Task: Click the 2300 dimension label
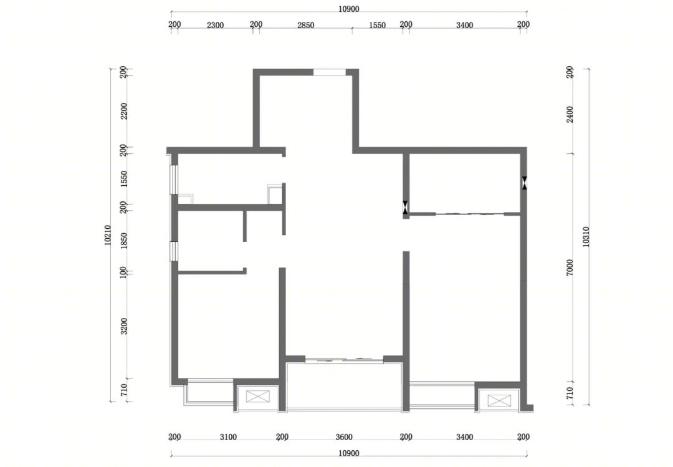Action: tap(215, 25)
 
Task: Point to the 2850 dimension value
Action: tap(305, 25)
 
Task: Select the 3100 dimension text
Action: tap(228, 437)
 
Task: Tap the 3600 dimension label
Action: tap(344, 437)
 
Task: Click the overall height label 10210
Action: tap(107, 235)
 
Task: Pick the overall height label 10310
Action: tap(586, 236)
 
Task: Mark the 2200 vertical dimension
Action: tap(123, 111)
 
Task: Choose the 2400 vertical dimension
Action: tap(570, 114)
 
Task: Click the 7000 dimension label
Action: tap(570, 267)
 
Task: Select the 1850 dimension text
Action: tap(123, 241)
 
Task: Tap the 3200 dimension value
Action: tap(123, 326)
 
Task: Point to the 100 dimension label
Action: tap(123, 272)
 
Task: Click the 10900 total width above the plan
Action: tap(348, 9)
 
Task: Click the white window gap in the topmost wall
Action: tap(329, 72)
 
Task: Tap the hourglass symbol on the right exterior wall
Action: tap(524, 183)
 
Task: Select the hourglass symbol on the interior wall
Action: tap(406, 208)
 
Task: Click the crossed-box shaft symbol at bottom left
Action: tap(258, 396)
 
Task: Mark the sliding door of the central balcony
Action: tap(344, 360)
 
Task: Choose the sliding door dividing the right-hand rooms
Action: tap(470, 213)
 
